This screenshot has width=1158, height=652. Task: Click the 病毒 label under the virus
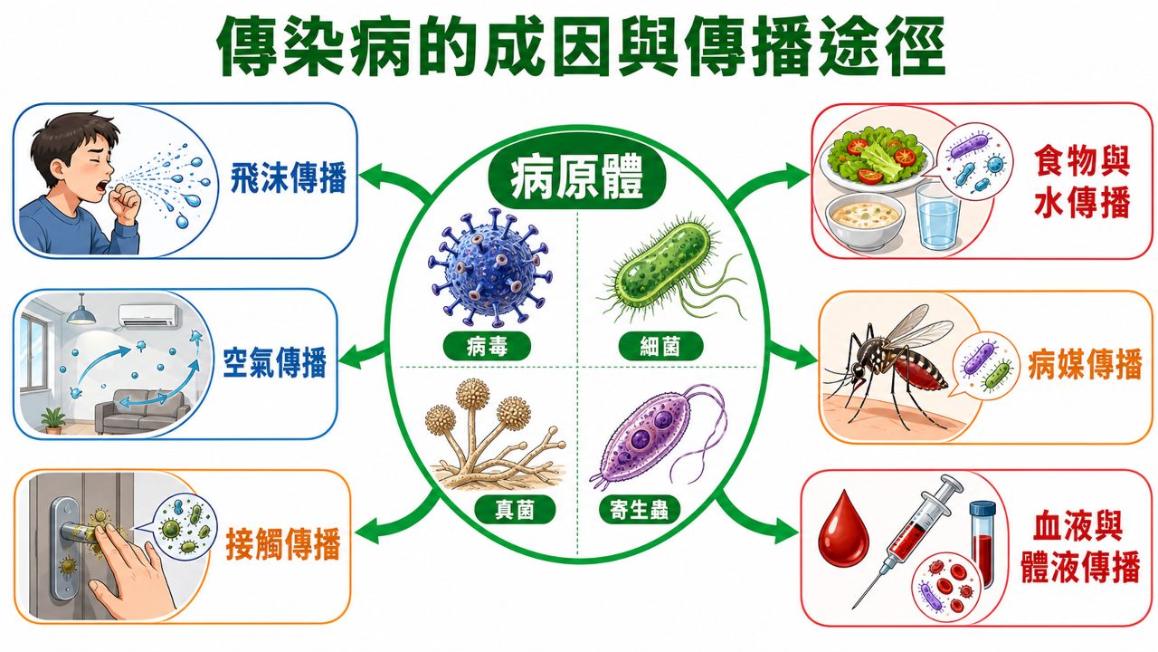487,346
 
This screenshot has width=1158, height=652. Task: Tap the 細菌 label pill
660,346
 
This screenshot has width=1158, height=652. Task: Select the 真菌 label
515,510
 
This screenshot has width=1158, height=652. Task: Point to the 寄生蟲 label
639,510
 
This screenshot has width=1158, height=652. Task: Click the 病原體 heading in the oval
576,179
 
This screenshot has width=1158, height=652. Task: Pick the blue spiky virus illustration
490,268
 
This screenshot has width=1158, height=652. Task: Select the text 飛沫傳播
288,177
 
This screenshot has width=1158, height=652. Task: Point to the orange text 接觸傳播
283,544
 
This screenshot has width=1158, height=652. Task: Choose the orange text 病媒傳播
1085,365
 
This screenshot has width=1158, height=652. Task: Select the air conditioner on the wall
149,315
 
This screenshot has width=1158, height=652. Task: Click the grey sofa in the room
142,412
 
